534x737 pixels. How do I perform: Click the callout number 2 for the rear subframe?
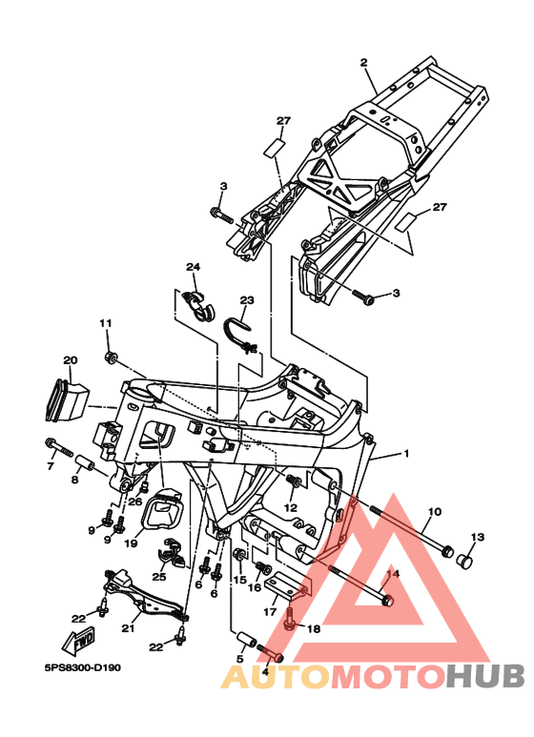tap(363, 63)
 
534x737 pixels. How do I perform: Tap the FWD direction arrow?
tap(79, 641)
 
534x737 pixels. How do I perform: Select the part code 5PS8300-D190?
tap(83, 667)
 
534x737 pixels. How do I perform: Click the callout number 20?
tap(70, 360)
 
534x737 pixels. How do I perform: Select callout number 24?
tap(193, 267)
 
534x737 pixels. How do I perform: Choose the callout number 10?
tap(435, 511)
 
